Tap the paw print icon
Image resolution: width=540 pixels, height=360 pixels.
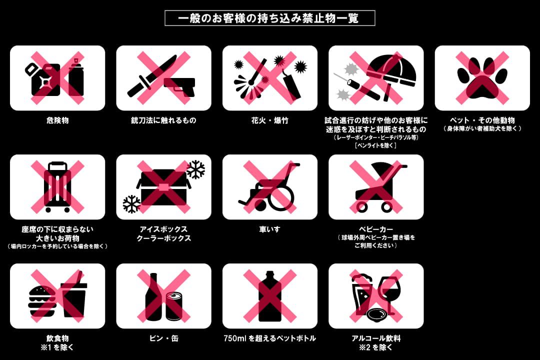coord(482,78)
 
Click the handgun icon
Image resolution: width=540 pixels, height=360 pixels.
coord(179,86)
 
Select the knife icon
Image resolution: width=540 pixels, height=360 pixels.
coord(151,76)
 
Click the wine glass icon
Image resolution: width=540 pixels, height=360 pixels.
coord(388,294)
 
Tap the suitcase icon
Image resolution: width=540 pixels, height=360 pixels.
coord(57,187)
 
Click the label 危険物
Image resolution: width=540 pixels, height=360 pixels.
coord(57,120)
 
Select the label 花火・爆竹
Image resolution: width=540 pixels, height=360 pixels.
coord(269,120)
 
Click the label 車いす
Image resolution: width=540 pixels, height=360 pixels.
coord(269,229)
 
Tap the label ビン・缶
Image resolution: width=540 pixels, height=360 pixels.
coord(163,338)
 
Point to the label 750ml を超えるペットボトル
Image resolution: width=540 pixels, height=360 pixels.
coord(269,338)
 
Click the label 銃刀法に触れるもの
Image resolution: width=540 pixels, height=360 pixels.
coord(163,120)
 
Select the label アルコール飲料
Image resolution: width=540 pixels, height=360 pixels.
coord(375,338)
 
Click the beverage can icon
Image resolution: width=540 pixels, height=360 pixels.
coord(174,306)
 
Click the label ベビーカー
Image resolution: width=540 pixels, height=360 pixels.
coord(375,229)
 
